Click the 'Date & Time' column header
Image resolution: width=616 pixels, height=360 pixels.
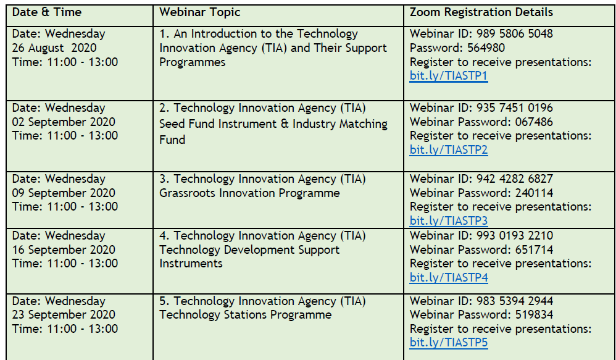(47, 12)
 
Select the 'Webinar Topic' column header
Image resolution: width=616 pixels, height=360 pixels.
(200, 12)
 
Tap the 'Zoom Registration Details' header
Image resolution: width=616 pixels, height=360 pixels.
(481, 12)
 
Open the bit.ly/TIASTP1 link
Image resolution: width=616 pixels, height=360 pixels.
(449, 76)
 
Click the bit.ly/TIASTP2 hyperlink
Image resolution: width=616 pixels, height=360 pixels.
(449, 149)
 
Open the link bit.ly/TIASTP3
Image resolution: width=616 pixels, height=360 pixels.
(449, 220)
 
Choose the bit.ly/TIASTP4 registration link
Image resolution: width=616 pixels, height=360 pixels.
(449, 277)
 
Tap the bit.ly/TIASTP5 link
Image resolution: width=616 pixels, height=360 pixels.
(449, 343)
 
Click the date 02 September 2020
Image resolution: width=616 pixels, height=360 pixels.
(64, 122)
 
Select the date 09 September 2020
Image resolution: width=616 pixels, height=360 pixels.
(64, 193)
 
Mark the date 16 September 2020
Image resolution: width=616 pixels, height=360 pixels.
(64, 249)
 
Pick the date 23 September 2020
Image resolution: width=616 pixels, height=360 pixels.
(64, 315)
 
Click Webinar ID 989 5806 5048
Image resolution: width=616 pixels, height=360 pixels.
(481, 34)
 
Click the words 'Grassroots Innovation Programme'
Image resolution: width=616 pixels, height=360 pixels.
(249, 193)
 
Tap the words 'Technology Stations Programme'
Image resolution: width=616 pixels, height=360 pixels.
(245, 315)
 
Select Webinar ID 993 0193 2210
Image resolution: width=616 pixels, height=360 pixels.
(481, 235)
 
